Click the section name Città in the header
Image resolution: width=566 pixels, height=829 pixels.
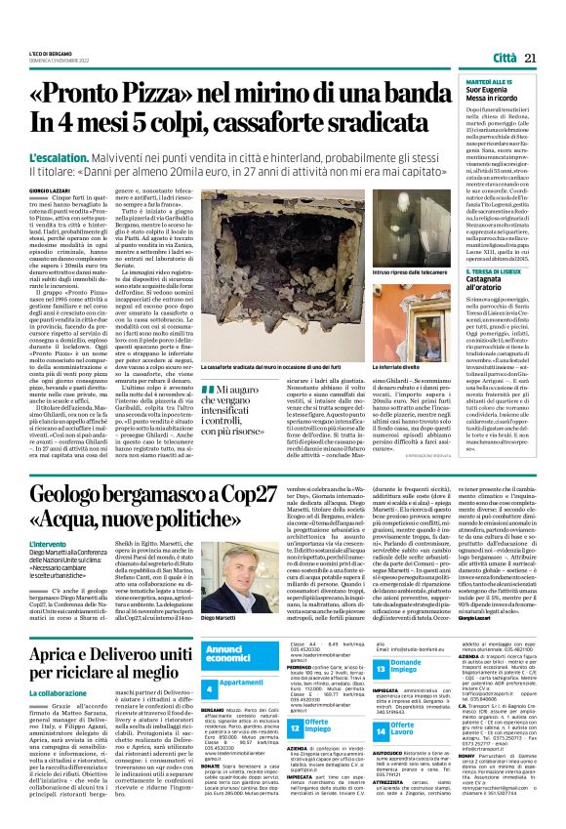pyautogui.click(x=505, y=60)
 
